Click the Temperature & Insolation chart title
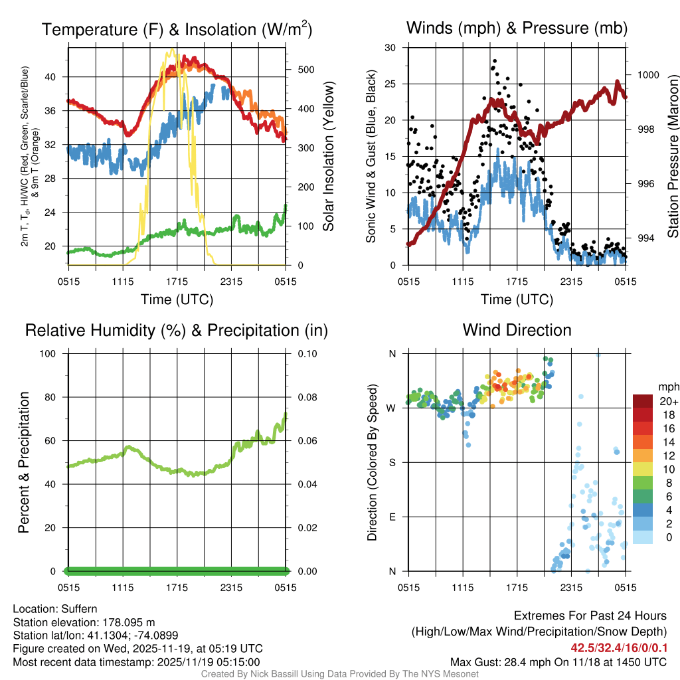(177, 29)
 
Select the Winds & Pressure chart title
(517, 28)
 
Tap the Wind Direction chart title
(517, 330)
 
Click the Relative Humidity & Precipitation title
(177, 330)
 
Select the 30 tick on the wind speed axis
(391, 48)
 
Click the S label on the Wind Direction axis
(392, 462)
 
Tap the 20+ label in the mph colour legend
(667, 402)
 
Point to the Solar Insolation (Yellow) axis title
(329, 157)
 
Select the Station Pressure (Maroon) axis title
(673, 157)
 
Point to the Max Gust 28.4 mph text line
(558, 661)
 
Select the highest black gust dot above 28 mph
(494, 60)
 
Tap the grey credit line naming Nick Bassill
(339, 674)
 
